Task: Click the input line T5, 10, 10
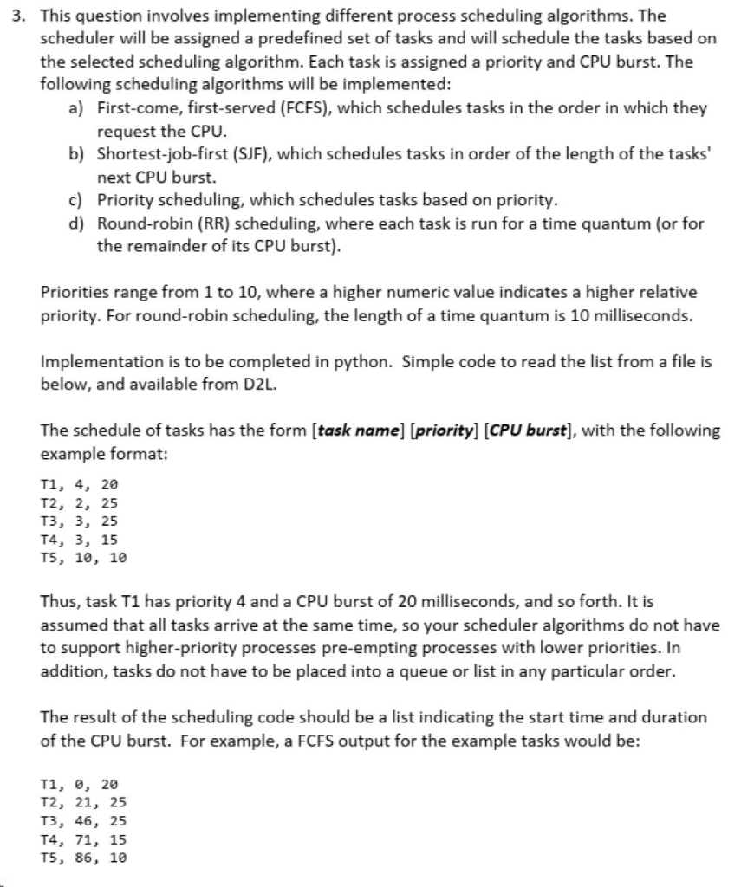(83, 558)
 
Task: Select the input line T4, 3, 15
(79, 540)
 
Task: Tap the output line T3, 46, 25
(83, 821)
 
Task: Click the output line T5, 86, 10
(83, 858)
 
